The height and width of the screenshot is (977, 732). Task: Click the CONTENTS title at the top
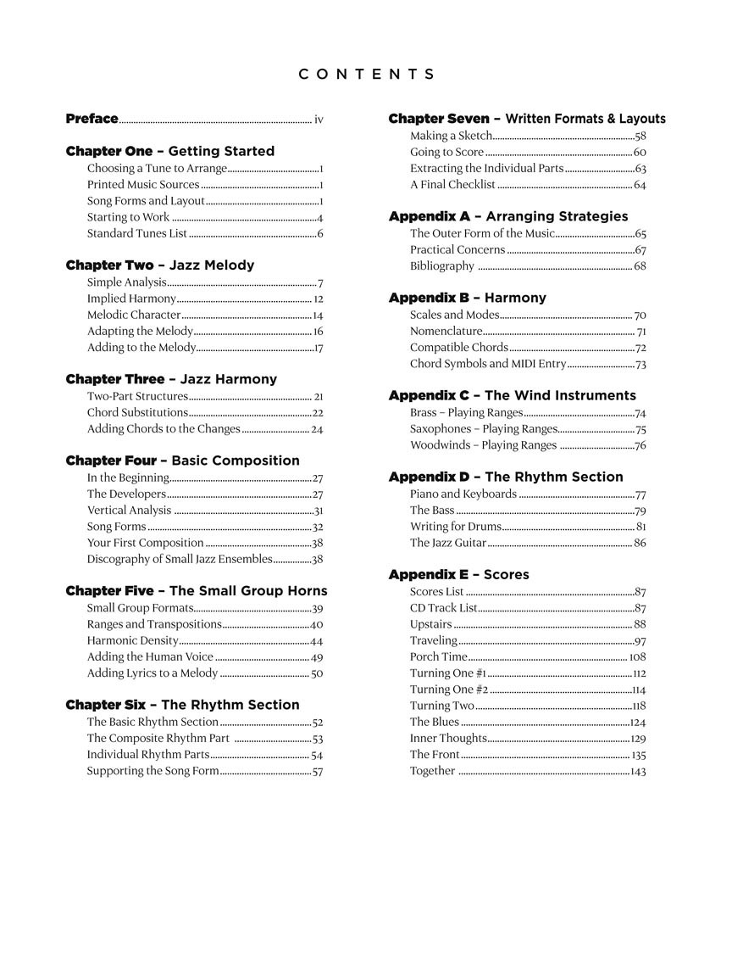[366, 75]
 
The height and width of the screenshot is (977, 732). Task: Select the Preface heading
[91, 120]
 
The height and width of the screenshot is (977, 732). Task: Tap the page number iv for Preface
[319, 120]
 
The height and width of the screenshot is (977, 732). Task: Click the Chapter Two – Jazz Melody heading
[159, 265]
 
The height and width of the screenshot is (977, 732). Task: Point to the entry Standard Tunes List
[137, 233]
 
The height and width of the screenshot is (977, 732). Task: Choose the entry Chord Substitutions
[137, 412]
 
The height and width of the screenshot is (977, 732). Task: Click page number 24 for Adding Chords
[317, 429]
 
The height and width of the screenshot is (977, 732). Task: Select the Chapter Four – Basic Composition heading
[182, 461]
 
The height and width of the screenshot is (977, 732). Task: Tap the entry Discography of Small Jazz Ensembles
[180, 559]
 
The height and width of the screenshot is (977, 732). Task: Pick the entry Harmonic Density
[133, 640]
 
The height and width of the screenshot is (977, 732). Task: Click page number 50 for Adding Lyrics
[317, 673]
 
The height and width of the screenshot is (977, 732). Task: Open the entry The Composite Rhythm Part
[158, 739]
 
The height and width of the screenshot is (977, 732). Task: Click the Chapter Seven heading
[526, 119]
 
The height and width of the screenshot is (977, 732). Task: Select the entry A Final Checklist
[452, 185]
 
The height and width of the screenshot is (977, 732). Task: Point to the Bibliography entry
[442, 266]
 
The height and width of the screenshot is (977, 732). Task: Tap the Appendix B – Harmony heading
[467, 299]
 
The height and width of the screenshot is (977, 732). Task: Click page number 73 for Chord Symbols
[640, 364]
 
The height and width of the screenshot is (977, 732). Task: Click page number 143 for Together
[638, 771]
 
